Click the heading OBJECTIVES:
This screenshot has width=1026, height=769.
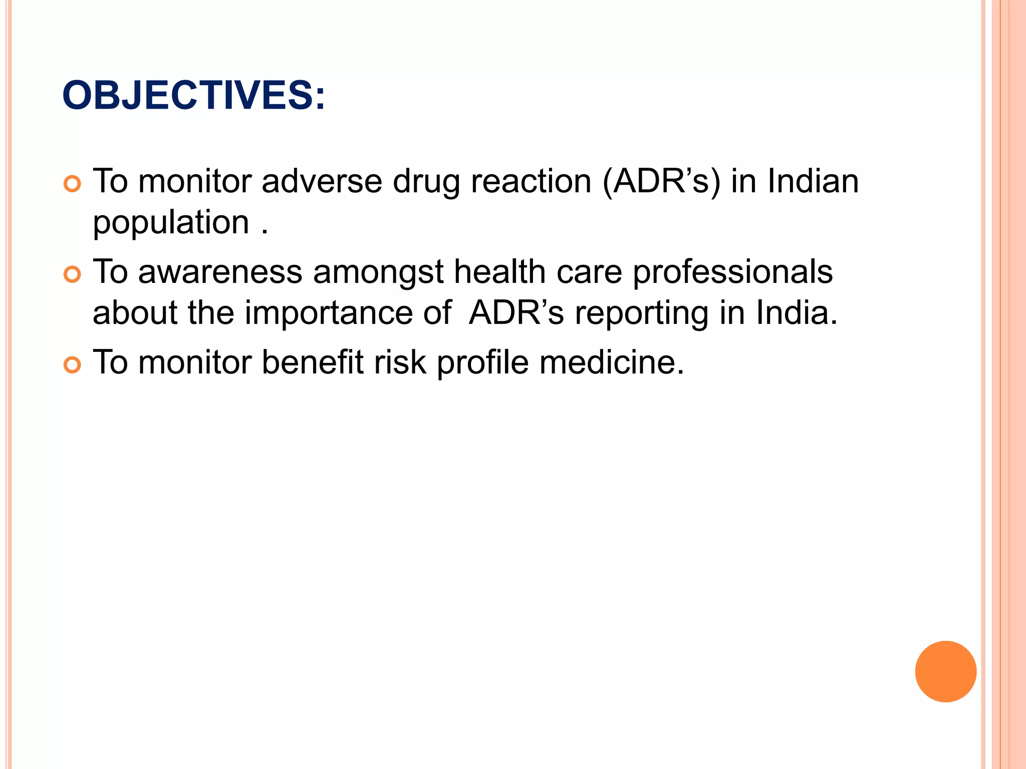(193, 95)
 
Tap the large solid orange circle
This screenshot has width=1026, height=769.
(945, 671)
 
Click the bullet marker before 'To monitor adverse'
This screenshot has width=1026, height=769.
(73, 184)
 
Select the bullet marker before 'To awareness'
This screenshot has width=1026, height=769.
(73, 275)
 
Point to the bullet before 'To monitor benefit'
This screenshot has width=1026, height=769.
(73, 365)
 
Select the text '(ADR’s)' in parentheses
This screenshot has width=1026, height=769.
(661, 182)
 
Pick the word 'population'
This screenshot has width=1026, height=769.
(171, 223)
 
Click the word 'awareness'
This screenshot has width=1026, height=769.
(220, 272)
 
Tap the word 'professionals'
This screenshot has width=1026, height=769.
(732, 273)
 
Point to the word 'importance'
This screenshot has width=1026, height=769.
(328, 313)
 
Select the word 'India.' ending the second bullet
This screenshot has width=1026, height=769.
(797, 312)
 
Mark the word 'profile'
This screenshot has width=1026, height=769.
(482, 363)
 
